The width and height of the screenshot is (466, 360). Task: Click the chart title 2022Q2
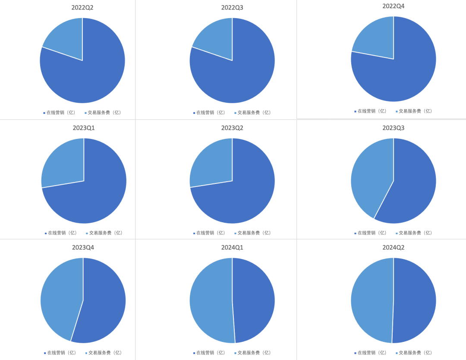[x=82, y=8]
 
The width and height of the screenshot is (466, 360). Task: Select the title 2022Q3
[x=232, y=8]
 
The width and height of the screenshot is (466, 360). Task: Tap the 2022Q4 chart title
[x=394, y=6]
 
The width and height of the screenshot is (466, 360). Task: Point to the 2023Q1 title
[x=84, y=128]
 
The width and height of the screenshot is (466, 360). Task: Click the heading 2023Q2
[x=232, y=128]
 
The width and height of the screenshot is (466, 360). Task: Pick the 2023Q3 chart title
[x=394, y=128]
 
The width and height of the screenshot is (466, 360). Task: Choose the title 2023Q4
[x=83, y=248]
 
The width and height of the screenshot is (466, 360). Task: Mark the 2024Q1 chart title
[x=232, y=248]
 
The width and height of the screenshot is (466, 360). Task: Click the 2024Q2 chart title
[x=394, y=248]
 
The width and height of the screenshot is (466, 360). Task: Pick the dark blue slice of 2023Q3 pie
[x=414, y=186]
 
